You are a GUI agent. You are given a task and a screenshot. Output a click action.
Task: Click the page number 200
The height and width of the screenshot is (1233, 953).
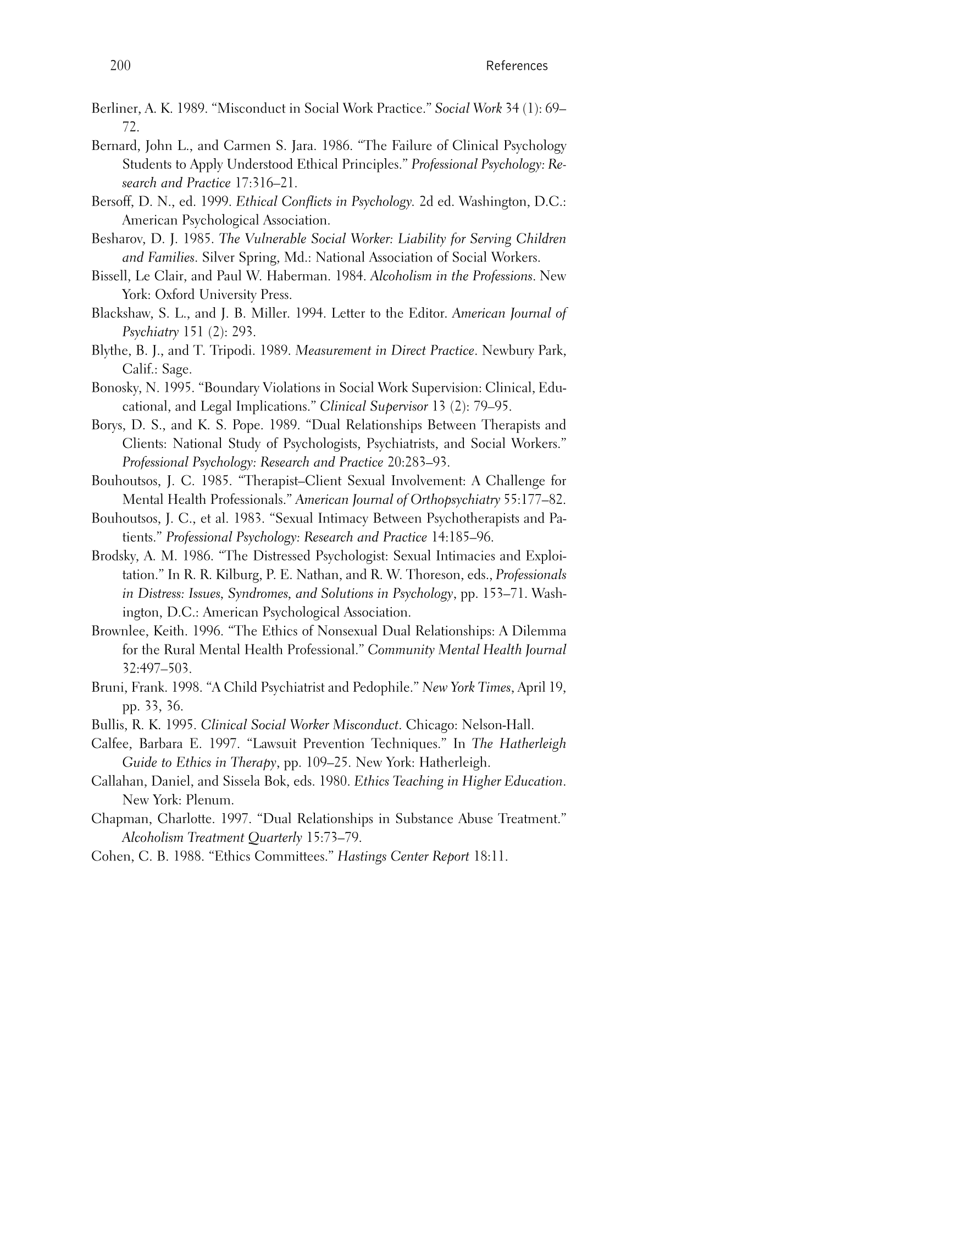pyautogui.click(x=120, y=65)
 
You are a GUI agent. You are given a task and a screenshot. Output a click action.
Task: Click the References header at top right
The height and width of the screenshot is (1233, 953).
pyautogui.click(x=516, y=66)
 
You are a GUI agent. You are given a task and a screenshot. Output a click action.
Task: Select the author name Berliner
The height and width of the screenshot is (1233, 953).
pyautogui.click(x=115, y=108)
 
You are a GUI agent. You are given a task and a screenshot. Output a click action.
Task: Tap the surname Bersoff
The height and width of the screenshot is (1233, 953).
pyautogui.click(x=112, y=202)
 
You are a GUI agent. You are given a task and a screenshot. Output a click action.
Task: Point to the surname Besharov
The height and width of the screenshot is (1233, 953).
pyautogui.click(x=117, y=239)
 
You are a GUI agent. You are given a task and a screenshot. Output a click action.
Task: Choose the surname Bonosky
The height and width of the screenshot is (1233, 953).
pyautogui.click(x=116, y=388)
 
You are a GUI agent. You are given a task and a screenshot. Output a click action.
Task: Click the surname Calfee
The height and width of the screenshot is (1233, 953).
pyautogui.click(x=109, y=743)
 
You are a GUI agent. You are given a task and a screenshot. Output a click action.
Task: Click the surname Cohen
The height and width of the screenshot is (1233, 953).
pyautogui.click(x=110, y=857)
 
